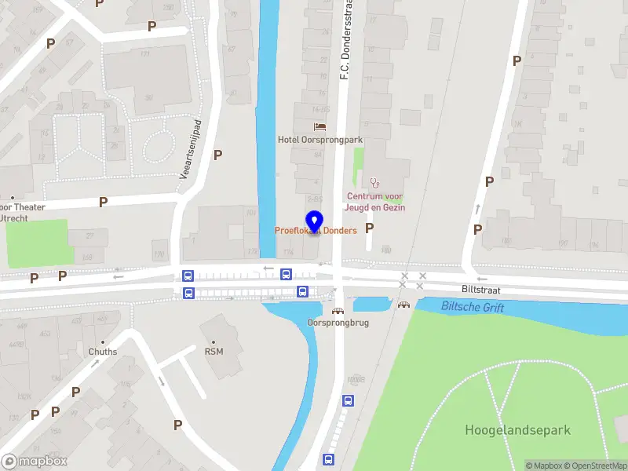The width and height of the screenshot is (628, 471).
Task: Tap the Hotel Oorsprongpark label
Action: pos(320,140)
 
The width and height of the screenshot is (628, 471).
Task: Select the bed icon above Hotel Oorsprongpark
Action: pos(319,126)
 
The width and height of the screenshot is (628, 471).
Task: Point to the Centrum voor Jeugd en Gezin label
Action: pos(376,202)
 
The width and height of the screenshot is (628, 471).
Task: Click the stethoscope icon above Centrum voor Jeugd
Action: pos(374,182)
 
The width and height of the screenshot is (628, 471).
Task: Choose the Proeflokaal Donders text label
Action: pos(316,231)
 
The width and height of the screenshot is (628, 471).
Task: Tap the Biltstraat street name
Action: pos(480,290)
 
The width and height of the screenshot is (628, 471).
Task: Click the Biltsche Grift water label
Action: pos(473,307)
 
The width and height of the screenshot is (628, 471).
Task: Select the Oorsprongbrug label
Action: pos(338,323)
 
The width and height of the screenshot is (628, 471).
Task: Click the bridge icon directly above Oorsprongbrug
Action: pos(338,311)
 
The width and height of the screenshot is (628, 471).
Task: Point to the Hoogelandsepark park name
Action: pos(517,430)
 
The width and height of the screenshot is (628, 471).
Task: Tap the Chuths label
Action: pos(103,352)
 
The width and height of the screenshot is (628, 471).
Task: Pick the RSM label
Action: pos(214,351)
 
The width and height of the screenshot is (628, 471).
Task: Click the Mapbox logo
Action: pos(35,462)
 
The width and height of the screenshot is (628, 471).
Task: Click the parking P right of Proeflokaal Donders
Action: pos(369,228)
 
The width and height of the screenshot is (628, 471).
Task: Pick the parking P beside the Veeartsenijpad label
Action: pos(218,155)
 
